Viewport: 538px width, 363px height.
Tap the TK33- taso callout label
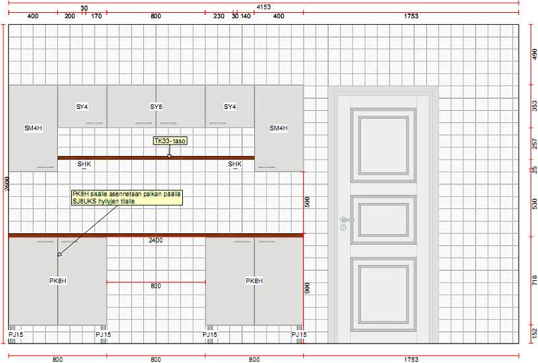[x=170, y=141]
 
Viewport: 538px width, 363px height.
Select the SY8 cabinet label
[x=156, y=107]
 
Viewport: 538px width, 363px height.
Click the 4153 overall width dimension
[x=264, y=7]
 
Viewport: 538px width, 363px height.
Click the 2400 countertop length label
[x=156, y=240]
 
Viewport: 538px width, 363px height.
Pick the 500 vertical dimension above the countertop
[x=307, y=202]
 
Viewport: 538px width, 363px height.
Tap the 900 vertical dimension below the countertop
[x=307, y=288]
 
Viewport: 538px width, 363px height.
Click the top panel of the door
[x=383, y=145]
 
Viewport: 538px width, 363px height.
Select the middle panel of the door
[x=383, y=220]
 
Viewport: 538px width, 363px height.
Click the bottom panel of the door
[x=383, y=295]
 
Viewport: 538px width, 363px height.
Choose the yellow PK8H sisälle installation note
[x=127, y=198]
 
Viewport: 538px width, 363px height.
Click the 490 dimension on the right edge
[x=535, y=54]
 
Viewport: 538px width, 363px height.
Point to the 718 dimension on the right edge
[x=535, y=281]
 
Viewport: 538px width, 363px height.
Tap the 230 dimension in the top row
[x=219, y=16]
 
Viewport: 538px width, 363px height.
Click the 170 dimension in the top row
[x=97, y=16]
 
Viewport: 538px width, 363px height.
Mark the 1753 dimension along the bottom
[x=411, y=360]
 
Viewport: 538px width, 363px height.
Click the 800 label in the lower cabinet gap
[x=156, y=286]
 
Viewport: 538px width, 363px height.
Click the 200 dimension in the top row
[x=70, y=16]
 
